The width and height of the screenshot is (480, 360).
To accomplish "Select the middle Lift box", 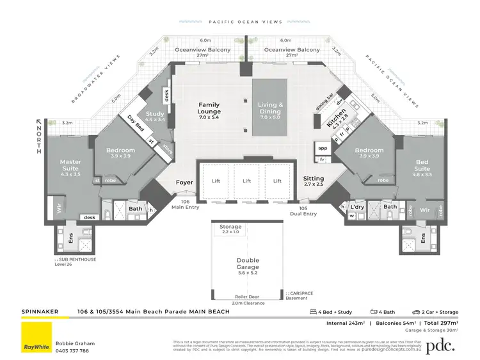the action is [x=247, y=181].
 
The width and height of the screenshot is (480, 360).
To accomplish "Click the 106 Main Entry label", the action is [x=189, y=204].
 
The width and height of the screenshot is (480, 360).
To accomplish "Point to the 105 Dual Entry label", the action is [x=303, y=211].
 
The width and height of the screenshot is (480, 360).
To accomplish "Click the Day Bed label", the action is [x=134, y=121].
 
